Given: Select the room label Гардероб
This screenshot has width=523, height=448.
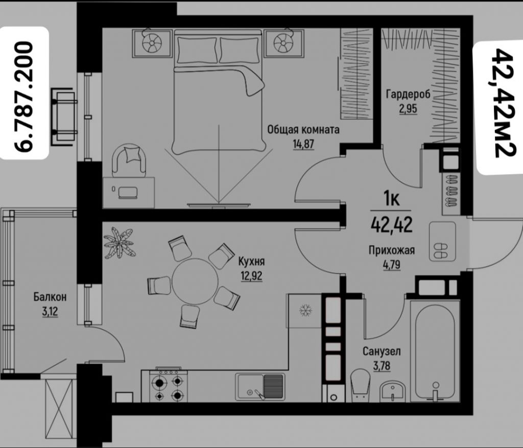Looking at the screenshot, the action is (408, 95).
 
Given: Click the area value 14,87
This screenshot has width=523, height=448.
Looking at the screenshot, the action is (303, 144).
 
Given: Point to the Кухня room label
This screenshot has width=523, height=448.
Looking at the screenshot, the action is (251, 262).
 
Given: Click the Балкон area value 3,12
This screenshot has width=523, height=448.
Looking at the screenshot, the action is (50, 312).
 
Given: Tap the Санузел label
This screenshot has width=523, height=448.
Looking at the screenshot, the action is (382, 351).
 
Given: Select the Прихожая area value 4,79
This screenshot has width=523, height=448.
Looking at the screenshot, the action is (392, 265).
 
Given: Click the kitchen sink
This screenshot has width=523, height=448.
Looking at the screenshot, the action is (260, 387).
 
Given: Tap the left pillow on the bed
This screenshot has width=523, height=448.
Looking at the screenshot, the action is (197, 50).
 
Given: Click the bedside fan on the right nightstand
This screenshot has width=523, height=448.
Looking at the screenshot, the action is (283, 43).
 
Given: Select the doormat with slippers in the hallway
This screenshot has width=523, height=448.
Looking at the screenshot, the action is (442, 241).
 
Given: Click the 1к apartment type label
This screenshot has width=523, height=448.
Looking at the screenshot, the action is (392, 199).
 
